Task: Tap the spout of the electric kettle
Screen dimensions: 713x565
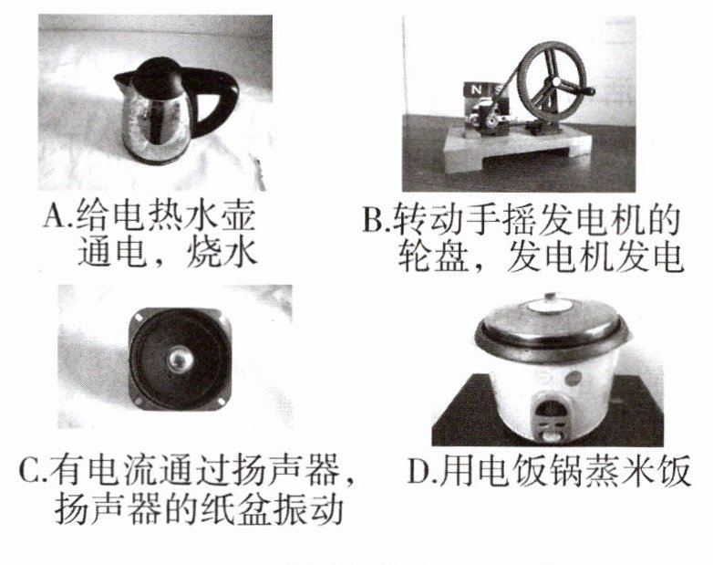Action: (123, 82)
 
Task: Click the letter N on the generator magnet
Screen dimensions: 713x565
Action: (476, 89)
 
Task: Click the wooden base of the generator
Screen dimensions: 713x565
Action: (519, 146)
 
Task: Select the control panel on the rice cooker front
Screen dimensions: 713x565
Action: (551, 416)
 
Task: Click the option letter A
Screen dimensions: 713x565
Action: (54, 216)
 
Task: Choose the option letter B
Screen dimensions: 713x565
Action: (374, 219)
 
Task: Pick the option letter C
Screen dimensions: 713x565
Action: (30, 470)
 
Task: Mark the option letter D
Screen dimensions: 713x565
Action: (418, 470)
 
